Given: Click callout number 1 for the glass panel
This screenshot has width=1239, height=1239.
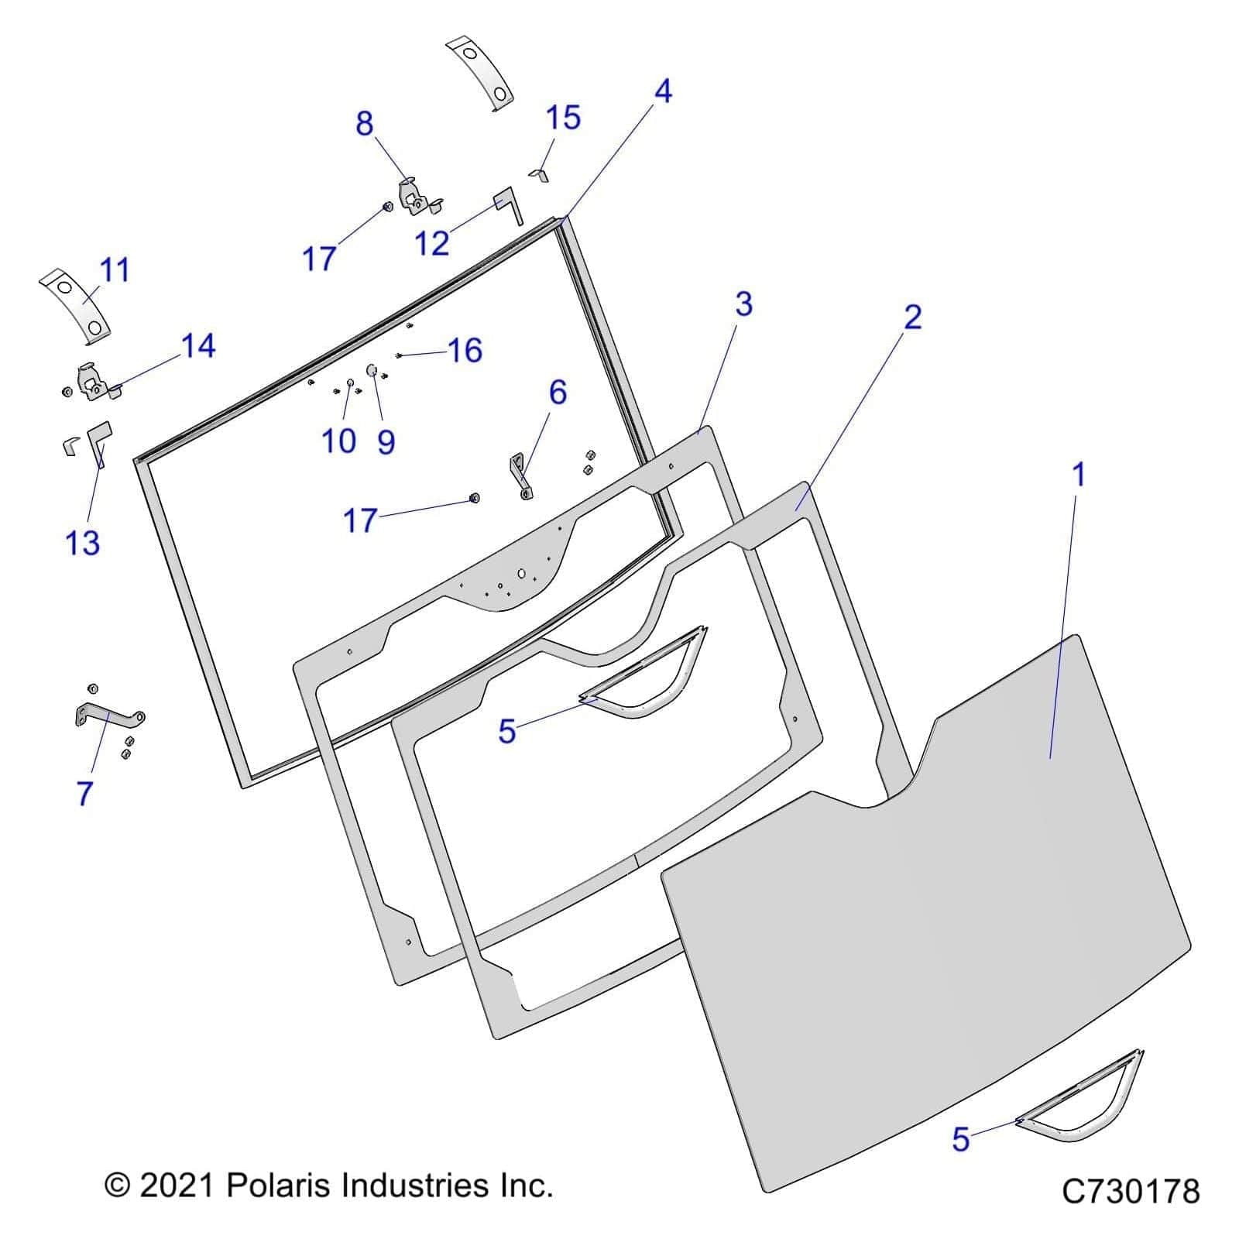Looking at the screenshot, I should (x=1078, y=475).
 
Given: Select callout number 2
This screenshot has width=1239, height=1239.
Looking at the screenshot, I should (x=913, y=317).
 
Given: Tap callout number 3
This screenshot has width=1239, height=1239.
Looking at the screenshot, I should (x=743, y=304).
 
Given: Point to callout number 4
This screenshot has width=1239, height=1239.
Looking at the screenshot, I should (x=663, y=91).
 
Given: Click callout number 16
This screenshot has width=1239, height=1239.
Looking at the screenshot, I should (x=465, y=351).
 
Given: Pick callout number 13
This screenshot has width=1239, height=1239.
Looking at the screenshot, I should (x=83, y=543).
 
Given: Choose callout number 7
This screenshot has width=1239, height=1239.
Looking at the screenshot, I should (x=85, y=793).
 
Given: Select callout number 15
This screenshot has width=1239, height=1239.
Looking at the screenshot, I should (x=563, y=118).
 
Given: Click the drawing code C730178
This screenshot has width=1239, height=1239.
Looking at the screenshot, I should (x=1131, y=1190).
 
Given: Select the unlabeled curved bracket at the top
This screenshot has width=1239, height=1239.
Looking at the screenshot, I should (x=482, y=74).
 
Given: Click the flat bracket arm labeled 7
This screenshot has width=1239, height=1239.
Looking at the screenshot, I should (x=108, y=714).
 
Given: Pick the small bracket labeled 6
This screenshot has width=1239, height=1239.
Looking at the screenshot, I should (x=520, y=475).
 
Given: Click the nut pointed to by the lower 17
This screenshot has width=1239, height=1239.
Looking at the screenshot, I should (x=475, y=498).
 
